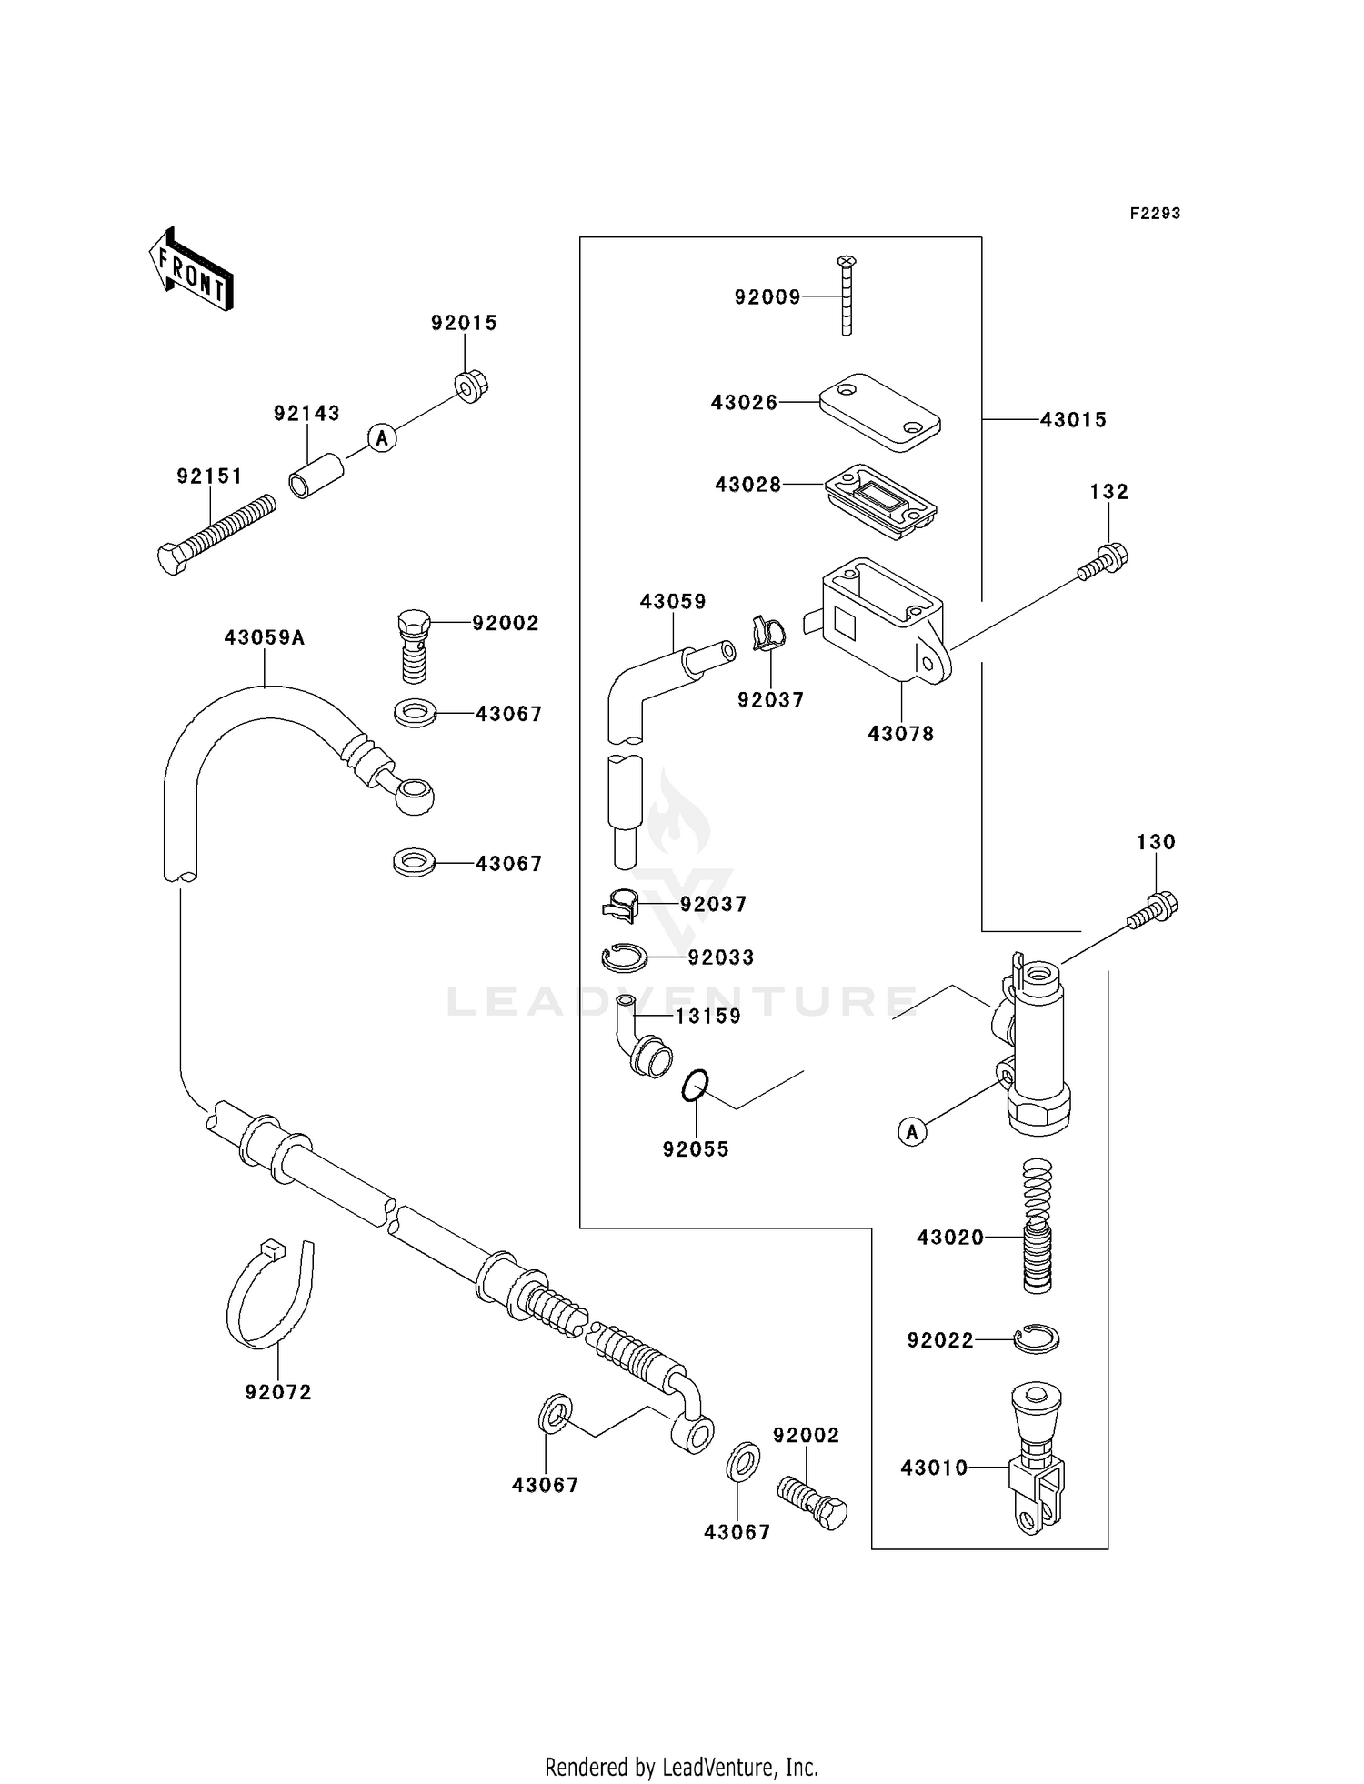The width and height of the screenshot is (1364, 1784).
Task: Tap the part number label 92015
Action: pos(464,323)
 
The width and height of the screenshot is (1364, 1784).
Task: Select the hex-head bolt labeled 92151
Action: pos(216,535)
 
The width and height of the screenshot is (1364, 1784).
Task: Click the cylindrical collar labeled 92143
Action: pos(316,476)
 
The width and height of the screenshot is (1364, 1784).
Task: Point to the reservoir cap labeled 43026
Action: pos(879,412)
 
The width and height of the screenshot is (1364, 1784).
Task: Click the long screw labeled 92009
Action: pos(847,296)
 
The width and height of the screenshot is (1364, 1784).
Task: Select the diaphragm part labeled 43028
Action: pos(881,503)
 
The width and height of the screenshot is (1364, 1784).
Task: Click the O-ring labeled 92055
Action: pos(696,1086)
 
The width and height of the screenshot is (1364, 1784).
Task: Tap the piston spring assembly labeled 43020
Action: pos(1037,1227)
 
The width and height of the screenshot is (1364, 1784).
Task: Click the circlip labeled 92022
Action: pos(1038,1338)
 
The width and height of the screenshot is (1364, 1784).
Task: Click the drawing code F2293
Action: pos(1155,214)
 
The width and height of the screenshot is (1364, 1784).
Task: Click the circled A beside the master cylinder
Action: pos(912,1132)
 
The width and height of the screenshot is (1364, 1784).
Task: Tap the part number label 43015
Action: pos(1073,420)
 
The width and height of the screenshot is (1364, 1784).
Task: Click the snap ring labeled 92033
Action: pos(624,957)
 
